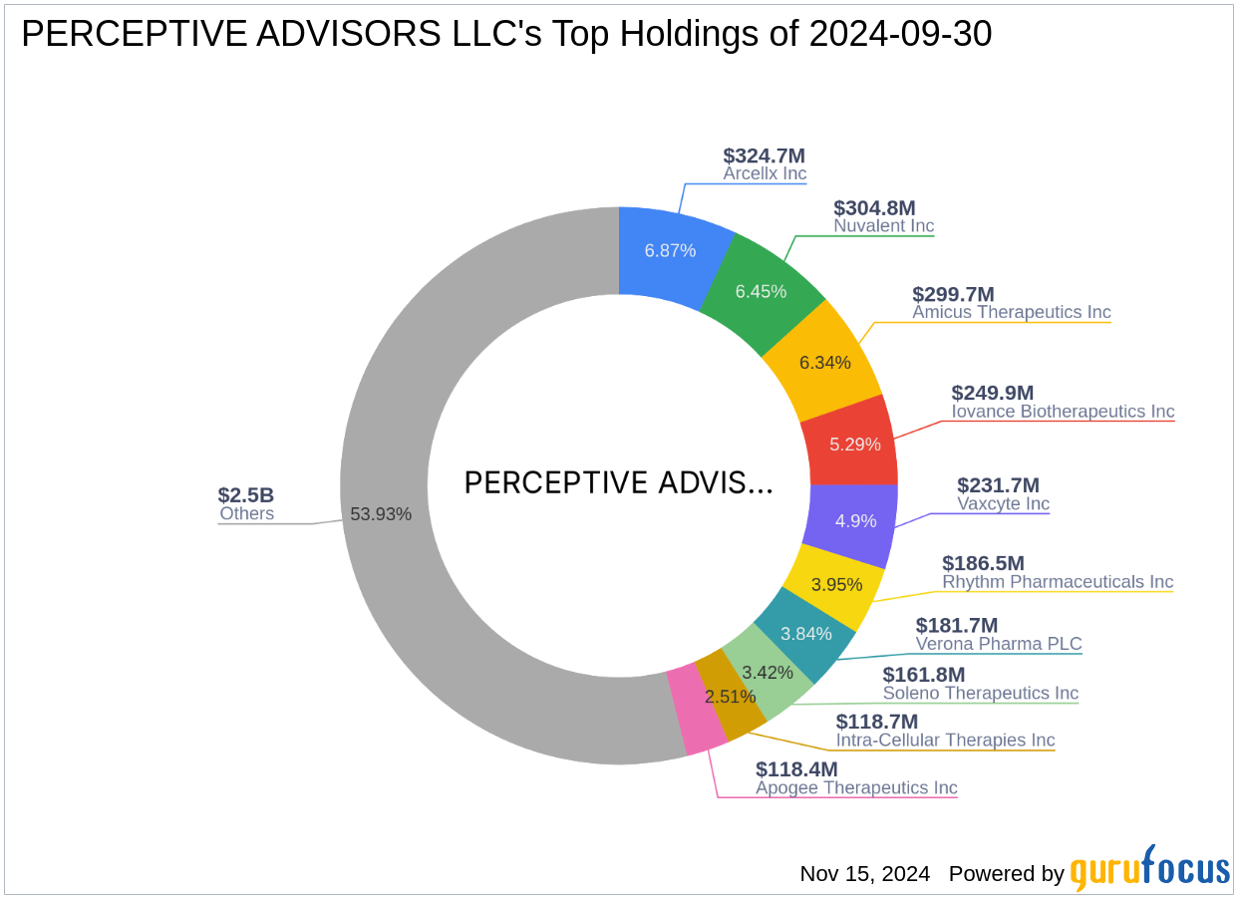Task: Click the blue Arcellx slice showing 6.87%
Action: tap(670, 251)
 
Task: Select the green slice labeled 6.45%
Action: tap(761, 291)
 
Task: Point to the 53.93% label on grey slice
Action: tap(381, 514)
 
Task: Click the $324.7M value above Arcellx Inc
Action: tap(764, 155)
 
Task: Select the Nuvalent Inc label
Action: tap(883, 226)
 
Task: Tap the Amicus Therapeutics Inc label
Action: tap(1011, 312)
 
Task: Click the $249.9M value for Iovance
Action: tap(993, 393)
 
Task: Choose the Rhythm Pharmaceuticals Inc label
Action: tap(1058, 581)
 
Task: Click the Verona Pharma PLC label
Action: tap(999, 644)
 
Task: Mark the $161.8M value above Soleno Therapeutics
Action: tap(923, 674)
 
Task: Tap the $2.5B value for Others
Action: tap(246, 495)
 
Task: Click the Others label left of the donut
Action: tap(246, 514)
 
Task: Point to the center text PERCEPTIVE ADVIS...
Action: tap(618, 482)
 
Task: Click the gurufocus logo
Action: tap(1150, 870)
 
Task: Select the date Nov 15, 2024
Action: tap(864, 874)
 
